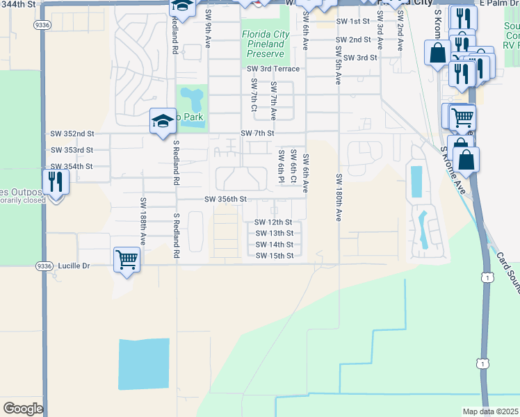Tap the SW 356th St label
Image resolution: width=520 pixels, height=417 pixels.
(225, 199)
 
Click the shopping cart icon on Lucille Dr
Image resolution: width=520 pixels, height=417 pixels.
(127, 259)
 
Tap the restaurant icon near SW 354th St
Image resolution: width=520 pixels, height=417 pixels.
(55, 181)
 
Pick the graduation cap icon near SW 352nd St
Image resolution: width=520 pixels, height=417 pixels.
(162, 121)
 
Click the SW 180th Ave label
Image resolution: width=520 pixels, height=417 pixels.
(339, 197)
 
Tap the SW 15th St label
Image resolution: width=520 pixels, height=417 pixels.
(274, 256)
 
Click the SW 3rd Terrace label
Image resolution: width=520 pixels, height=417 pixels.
(273, 69)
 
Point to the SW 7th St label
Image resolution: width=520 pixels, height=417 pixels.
(257, 133)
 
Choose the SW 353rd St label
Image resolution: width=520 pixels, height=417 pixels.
(72, 150)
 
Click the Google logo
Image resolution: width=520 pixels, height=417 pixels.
(22, 409)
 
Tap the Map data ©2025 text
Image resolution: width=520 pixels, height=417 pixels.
(491, 411)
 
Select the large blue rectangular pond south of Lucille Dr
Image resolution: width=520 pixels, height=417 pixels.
(144, 364)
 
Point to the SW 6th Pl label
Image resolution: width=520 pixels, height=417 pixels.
(281, 167)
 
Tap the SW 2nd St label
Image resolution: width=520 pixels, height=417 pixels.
(353, 40)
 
